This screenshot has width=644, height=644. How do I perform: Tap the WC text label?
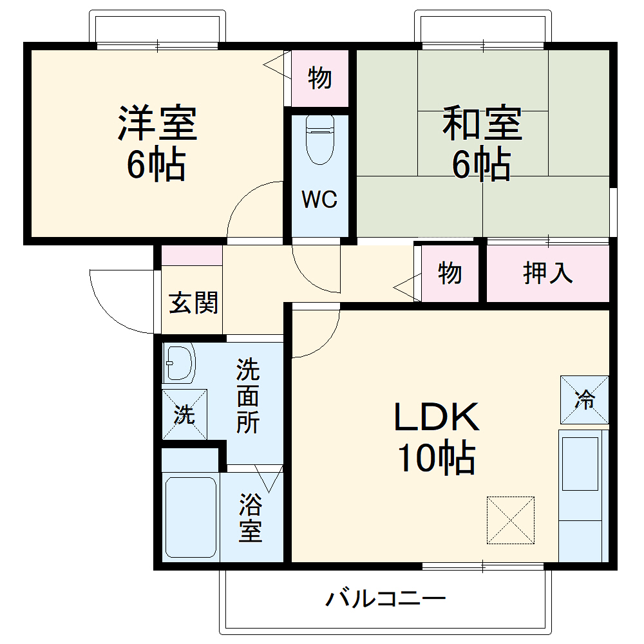(x=319, y=200)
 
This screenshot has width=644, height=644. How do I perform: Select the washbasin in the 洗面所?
(x=179, y=363)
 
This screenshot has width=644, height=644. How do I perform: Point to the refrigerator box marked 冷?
(x=584, y=400)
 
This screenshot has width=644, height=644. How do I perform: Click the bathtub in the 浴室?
(x=190, y=516)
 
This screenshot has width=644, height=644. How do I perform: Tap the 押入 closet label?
(x=547, y=273)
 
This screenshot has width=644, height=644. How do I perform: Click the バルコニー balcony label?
(x=385, y=600)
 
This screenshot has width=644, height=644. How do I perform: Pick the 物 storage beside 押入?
(x=450, y=273)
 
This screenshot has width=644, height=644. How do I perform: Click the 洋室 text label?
(x=157, y=124)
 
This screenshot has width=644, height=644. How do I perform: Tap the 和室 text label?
(x=482, y=124)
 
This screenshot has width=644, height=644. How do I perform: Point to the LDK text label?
(x=437, y=418)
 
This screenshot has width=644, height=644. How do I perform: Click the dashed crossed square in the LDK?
(x=511, y=519)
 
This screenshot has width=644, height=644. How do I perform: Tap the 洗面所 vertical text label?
(x=247, y=396)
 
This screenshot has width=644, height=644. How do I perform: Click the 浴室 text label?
(x=251, y=518)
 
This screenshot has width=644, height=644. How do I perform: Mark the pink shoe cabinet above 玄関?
(x=191, y=256)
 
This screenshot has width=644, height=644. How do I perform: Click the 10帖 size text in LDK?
(x=436, y=460)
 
